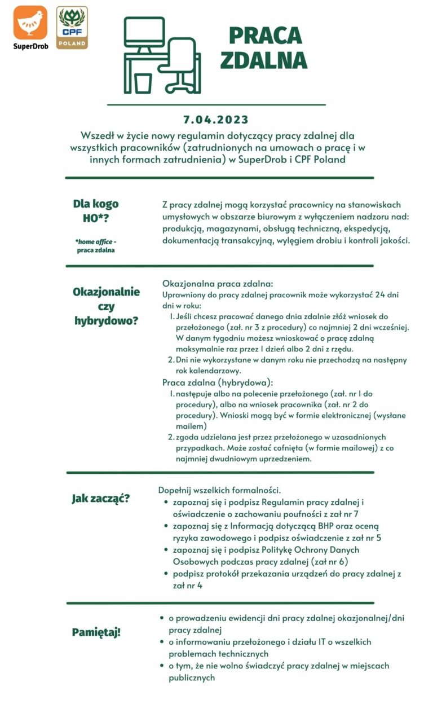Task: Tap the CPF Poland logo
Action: (x=72, y=27)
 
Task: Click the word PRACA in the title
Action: (x=265, y=36)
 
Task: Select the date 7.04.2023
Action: (x=216, y=120)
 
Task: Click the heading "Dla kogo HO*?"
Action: (x=96, y=211)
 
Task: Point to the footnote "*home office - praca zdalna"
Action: (x=96, y=245)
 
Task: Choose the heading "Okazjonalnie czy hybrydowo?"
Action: (x=107, y=306)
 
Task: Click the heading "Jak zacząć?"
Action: (x=100, y=498)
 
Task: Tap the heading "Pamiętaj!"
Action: (x=96, y=632)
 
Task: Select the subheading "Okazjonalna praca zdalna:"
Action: (x=218, y=283)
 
